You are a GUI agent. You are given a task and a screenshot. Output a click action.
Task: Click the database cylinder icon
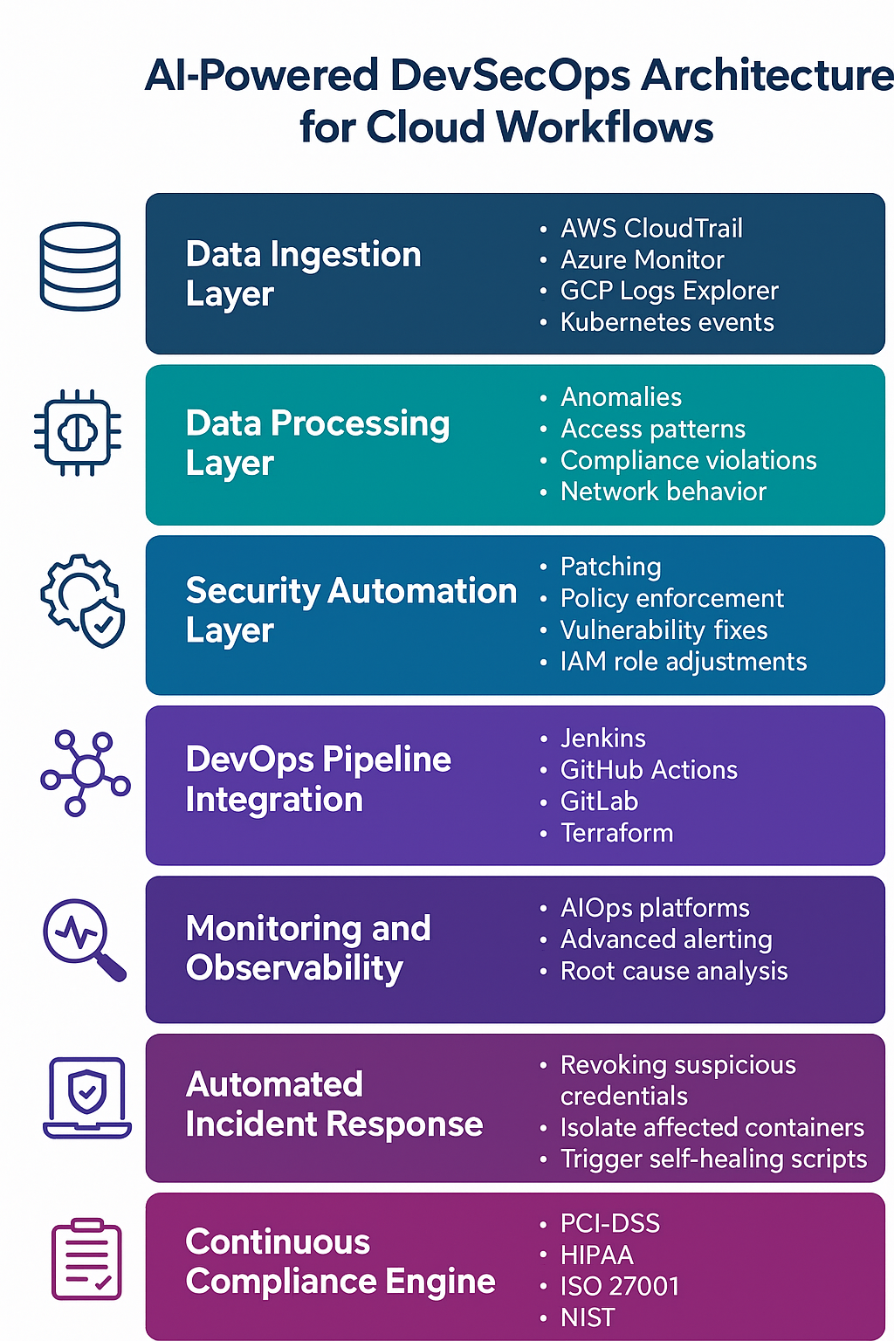click(x=79, y=266)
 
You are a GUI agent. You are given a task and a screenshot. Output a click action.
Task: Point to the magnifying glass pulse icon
click(x=84, y=940)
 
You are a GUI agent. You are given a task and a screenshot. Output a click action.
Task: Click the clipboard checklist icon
click(x=86, y=1259)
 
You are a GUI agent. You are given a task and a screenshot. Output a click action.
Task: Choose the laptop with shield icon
click(x=87, y=1097)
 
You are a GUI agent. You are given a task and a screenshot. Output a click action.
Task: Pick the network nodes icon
click(x=85, y=773)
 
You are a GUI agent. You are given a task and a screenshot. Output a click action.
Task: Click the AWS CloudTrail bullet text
click(x=651, y=229)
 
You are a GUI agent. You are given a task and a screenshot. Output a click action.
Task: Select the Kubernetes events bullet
click(x=667, y=322)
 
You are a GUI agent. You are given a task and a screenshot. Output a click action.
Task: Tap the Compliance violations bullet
click(x=688, y=460)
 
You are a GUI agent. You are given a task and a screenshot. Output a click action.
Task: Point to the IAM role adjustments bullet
click(x=683, y=662)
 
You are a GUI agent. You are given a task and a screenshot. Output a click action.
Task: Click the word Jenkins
click(x=602, y=739)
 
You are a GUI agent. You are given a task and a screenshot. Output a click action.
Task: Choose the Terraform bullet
click(x=616, y=833)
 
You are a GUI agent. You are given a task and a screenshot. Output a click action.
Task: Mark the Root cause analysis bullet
click(x=674, y=971)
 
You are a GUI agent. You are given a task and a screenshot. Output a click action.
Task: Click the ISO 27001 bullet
click(x=619, y=1286)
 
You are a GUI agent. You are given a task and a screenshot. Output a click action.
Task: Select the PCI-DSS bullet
click(x=609, y=1223)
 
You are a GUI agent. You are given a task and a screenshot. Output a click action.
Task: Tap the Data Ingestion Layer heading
click(x=303, y=273)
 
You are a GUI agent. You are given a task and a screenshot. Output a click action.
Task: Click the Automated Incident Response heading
click(x=334, y=1104)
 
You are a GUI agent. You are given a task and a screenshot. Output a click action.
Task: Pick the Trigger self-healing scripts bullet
click(x=713, y=1159)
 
